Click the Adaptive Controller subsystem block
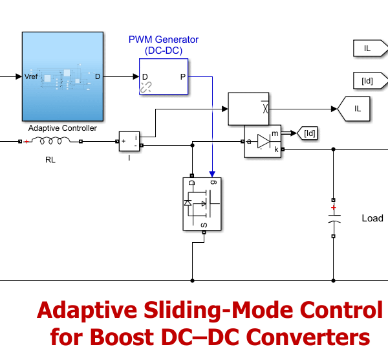(63, 76)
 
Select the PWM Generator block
(163, 76)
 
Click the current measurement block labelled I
(128, 141)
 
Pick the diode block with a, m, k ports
(262, 141)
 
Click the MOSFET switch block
(201, 203)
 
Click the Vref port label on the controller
(32, 76)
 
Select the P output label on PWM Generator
(182, 76)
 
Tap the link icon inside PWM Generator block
(147, 87)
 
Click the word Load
(372, 218)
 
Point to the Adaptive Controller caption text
(63, 128)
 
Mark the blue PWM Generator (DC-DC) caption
(163, 44)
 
